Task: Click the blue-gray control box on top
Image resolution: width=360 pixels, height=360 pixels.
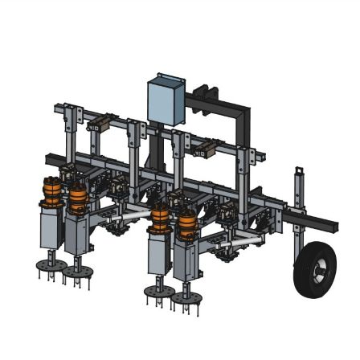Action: (x=166, y=100)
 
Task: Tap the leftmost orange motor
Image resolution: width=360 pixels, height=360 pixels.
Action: (x=52, y=190)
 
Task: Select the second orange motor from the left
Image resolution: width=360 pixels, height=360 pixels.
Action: (x=77, y=198)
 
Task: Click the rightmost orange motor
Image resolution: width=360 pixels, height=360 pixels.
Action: (x=186, y=223)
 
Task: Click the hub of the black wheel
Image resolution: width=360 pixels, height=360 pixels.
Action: (x=316, y=272)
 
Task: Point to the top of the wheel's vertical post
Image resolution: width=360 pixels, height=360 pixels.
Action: (x=300, y=171)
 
